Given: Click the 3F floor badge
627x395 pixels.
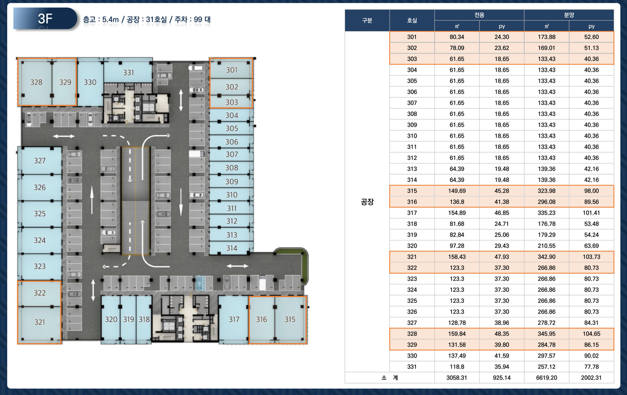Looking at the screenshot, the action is [x=45, y=18].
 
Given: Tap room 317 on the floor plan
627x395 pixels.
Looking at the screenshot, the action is [x=233, y=319].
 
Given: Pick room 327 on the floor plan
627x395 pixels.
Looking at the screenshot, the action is [x=40, y=160].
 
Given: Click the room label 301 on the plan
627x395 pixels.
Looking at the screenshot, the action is [x=231, y=70].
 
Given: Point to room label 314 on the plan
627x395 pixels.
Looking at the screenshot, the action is [x=231, y=248].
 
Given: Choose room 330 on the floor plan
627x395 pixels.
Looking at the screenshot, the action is [x=90, y=82].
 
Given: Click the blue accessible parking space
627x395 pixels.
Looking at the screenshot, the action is [x=200, y=283].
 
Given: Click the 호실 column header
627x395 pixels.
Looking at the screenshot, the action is [x=412, y=20].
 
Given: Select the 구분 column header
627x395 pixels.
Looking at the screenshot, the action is [x=367, y=20].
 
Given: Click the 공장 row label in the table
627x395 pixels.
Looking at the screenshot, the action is [x=367, y=202].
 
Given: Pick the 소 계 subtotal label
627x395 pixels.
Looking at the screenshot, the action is [x=389, y=378].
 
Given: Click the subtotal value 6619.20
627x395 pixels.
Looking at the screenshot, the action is [x=547, y=378].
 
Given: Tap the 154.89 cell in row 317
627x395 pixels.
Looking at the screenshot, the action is [x=457, y=213].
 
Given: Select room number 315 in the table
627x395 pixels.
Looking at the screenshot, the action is [x=412, y=191].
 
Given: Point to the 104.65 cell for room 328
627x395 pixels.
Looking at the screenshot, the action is [x=591, y=334].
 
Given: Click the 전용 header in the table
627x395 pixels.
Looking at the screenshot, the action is [x=479, y=15].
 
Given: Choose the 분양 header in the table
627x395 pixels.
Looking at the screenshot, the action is [x=569, y=15].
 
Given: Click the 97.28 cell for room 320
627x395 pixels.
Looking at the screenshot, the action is [x=457, y=246].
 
